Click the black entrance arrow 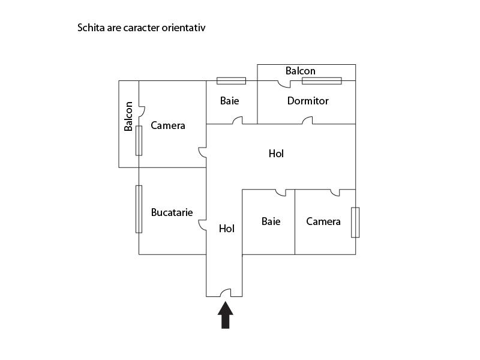226,316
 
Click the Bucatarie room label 172,212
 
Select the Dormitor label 308,101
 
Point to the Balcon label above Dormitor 301,71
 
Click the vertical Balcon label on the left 128,116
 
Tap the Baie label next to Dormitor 229,101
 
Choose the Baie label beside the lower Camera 271,221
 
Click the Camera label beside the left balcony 168,125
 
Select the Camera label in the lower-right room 323,221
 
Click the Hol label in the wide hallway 276,154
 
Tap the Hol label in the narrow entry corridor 227,229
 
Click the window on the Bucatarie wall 139,209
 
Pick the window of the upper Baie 231,81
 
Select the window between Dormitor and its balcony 322,81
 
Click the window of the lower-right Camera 355,222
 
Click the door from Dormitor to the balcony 284,85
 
